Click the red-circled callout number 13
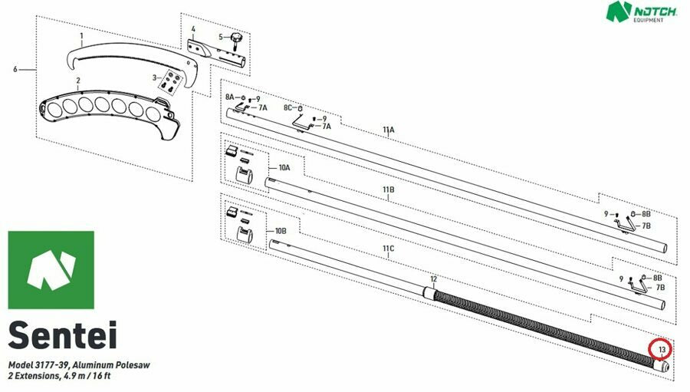[662, 350]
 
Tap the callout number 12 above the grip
[433, 279]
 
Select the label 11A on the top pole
[389, 130]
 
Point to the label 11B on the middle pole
[388, 189]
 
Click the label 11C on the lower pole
[388, 249]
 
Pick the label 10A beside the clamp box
[284, 168]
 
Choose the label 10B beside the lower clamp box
[281, 231]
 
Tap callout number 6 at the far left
[15, 70]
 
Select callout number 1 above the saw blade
[81, 35]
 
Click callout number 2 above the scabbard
[78, 81]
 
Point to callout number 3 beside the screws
[154, 78]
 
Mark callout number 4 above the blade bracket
[193, 29]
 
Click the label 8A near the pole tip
[230, 97]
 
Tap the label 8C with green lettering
[287, 107]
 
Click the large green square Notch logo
[51, 270]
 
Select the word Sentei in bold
[63, 335]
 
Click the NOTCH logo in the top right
[642, 12]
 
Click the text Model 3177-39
[39, 365]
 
